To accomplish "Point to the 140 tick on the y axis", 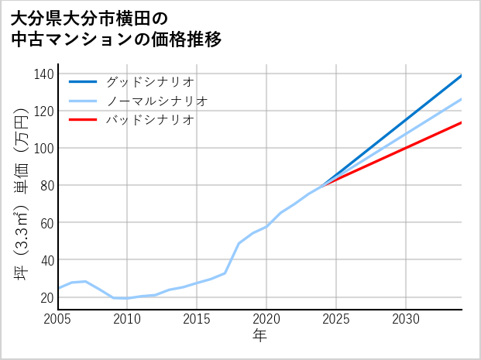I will point(44,74).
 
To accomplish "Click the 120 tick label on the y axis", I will point(44,111).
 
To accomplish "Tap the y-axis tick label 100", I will point(44,149).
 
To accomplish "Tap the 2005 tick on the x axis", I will point(57,319).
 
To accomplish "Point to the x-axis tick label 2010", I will point(127,319).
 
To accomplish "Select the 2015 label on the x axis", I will point(197,319).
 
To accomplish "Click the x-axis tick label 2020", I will point(266,319).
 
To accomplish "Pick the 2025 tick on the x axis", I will point(336,319).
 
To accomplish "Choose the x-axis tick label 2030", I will point(406,319).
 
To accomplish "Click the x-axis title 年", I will point(259,336).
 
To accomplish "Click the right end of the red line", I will point(462,122).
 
